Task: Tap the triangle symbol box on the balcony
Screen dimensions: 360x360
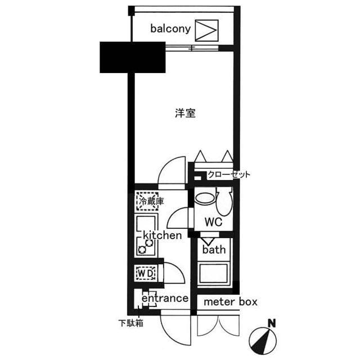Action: pos(206,30)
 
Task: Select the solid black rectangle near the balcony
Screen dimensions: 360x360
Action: pos(133,57)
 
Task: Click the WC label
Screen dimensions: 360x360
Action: pos(213,222)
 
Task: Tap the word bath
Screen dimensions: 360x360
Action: pos(214,249)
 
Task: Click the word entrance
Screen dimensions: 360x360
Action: pos(165,298)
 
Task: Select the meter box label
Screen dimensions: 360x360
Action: pos(230,302)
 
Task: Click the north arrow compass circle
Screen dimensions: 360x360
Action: pos(263,339)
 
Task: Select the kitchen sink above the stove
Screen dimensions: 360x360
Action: pos(148,223)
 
